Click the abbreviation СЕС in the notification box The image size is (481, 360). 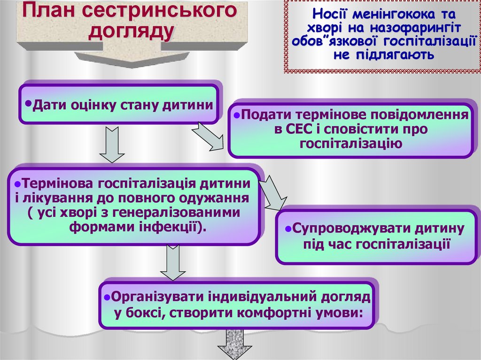click(298, 129)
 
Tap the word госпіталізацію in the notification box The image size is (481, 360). click(350, 143)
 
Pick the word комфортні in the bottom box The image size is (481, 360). click(275, 312)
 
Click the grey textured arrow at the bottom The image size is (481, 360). click(233, 345)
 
